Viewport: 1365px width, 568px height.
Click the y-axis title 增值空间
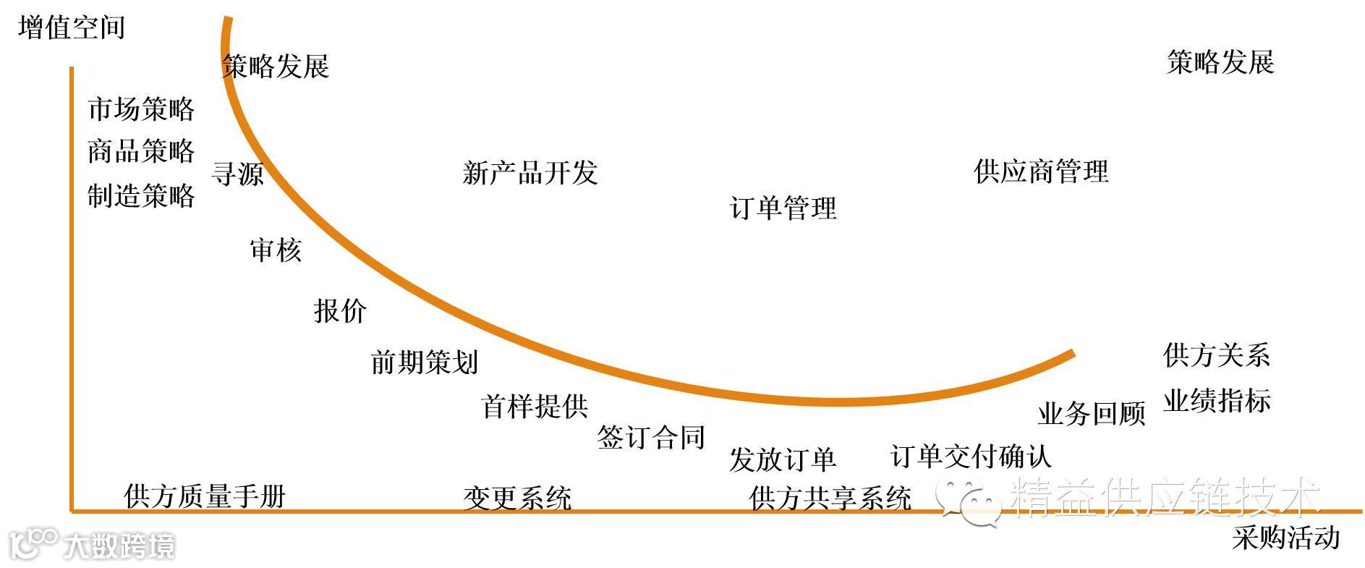click(72, 27)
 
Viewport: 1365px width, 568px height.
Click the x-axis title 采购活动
click(1285, 538)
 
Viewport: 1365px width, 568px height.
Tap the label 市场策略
click(141, 109)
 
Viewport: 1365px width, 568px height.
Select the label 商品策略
click(141, 151)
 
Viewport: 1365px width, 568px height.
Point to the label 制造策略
click(141, 195)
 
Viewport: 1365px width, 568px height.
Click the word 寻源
click(237, 174)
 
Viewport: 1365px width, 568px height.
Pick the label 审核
click(276, 250)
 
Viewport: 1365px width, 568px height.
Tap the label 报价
click(340, 311)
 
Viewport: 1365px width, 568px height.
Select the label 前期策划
click(424, 363)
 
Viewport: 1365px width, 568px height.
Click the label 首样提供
click(535, 407)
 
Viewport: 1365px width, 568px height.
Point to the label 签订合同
click(650, 438)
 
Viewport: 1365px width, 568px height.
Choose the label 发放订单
click(782, 459)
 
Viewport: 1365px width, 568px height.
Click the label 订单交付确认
click(971, 457)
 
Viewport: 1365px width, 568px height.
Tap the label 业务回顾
click(1092, 414)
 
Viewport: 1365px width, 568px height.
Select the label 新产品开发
click(530, 173)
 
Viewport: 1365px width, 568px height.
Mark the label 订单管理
click(783, 208)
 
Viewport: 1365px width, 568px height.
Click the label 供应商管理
click(1041, 172)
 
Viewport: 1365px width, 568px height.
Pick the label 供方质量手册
click(205, 497)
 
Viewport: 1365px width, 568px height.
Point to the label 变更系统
click(517, 498)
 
